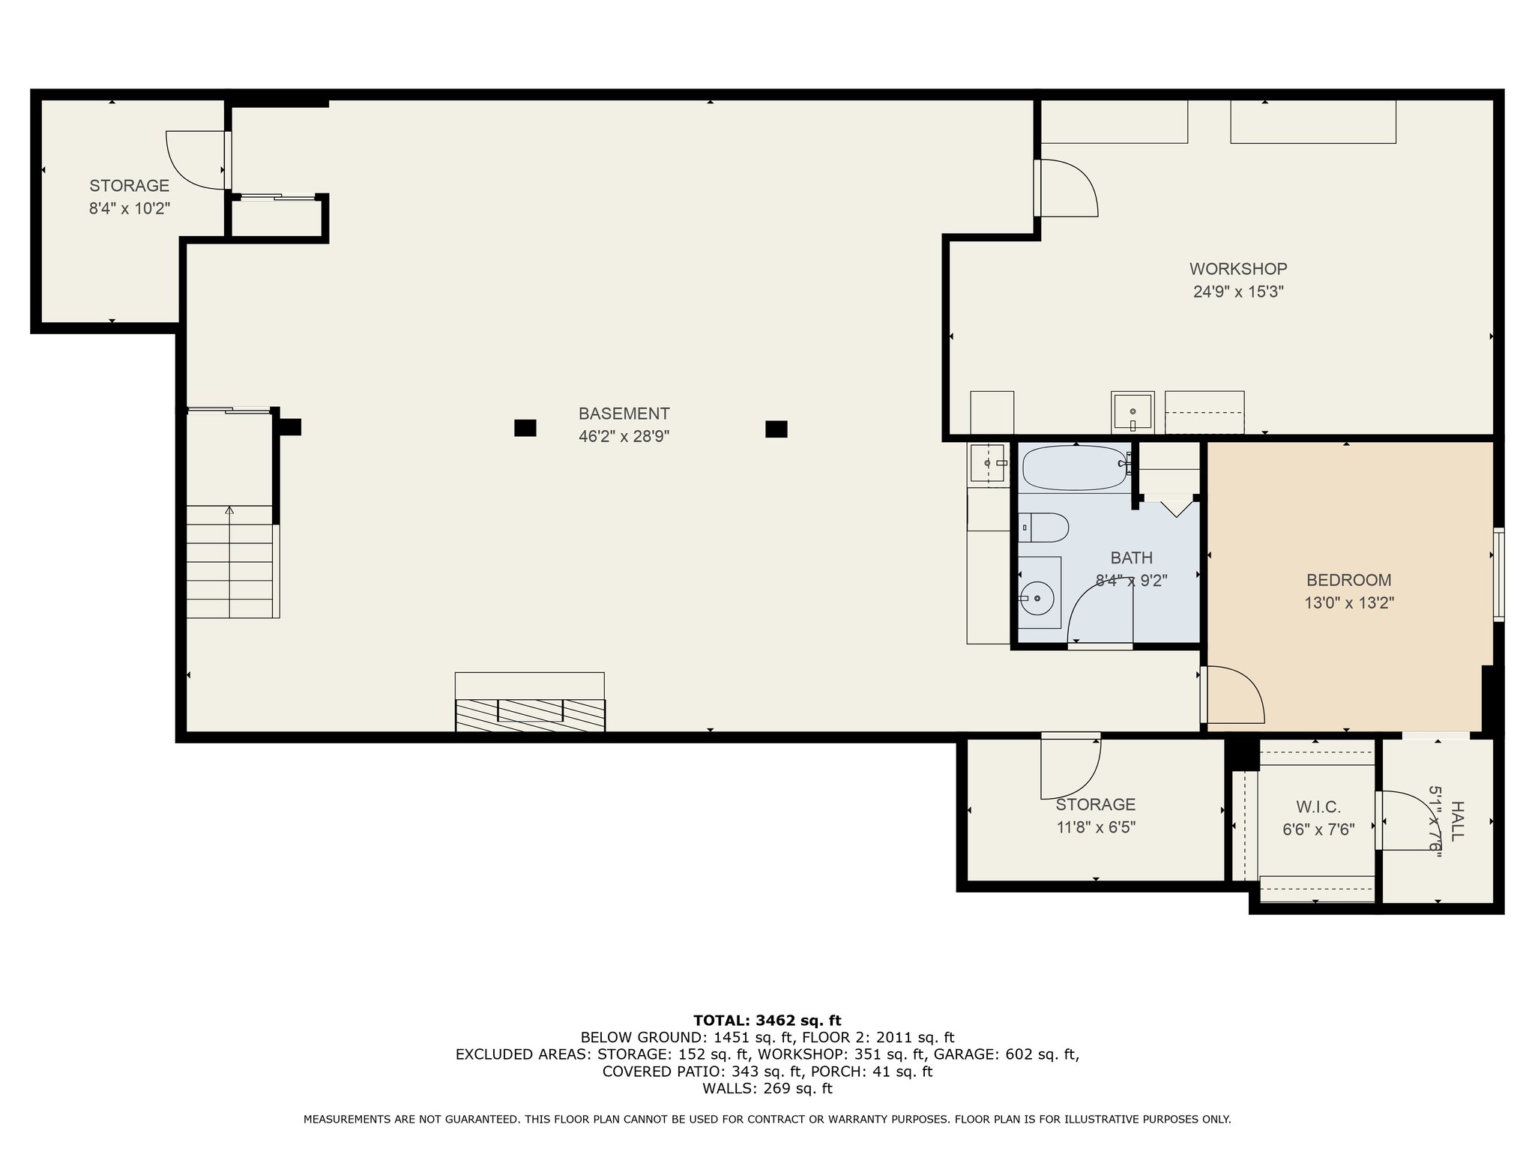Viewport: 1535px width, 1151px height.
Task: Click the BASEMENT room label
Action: click(x=624, y=414)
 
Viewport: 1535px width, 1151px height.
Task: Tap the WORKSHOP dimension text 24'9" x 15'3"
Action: click(x=1238, y=291)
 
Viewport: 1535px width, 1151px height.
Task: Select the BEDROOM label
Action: click(x=1348, y=580)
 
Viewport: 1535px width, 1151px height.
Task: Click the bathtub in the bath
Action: click(x=1076, y=468)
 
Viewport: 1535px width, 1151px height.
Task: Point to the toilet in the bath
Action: click(x=1043, y=528)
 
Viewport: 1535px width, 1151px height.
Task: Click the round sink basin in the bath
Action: click(x=1037, y=598)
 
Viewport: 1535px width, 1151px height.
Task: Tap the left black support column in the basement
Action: click(x=525, y=428)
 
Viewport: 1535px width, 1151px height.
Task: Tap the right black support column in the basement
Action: click(x=776, y=429)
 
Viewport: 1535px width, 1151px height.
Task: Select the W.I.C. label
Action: click(x=1318, y=807)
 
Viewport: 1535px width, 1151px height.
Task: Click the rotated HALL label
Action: click(x=1457, y=821)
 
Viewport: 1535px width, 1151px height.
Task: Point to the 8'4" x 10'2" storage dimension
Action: click(x=130, y=208)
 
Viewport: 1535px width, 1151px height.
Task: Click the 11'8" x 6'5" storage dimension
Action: click(x=1096, y=827)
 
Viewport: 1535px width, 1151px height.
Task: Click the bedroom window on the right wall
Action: click(x=1498, y=575)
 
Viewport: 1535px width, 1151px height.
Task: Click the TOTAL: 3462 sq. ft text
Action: click(x=767, y=1021)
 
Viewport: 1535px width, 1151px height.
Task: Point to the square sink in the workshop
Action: click(x=1133, y=411)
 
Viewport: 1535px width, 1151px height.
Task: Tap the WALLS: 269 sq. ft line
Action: click(x=767, y=1089)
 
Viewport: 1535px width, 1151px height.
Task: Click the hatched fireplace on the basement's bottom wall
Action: click(x=530, y=715)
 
